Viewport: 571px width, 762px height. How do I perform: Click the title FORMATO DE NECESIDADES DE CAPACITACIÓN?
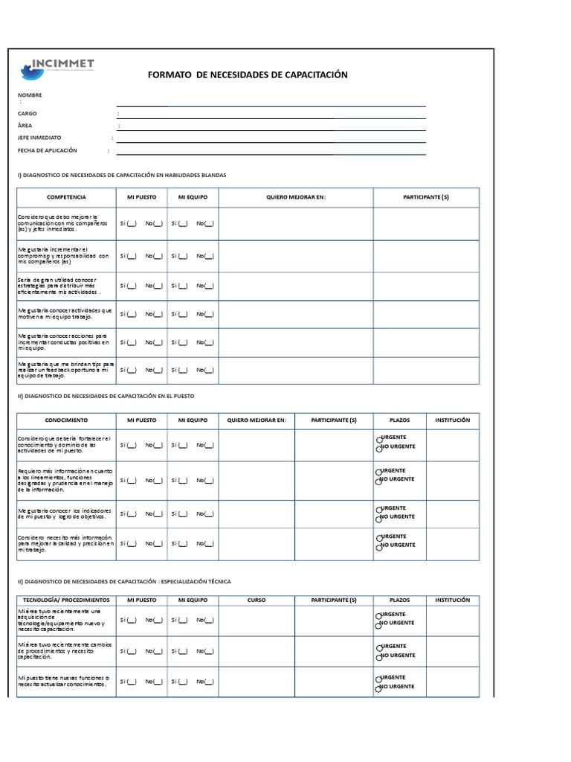[x=248, y=75]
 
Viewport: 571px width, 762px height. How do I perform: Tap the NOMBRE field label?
[x=30, y=95]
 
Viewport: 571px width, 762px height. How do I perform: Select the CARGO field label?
[x=28, y=113]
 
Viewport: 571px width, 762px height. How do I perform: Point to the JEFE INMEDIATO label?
[x=39, y=138]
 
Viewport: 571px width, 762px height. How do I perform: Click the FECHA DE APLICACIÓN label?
[x=47, y=150]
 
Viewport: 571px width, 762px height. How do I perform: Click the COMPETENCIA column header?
[x=66, y=197]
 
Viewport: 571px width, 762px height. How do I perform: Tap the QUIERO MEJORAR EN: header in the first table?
[x=296, y=197]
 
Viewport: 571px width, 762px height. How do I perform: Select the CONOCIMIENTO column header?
[x=66, y=420]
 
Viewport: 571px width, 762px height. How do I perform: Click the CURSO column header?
[x=256, y=600]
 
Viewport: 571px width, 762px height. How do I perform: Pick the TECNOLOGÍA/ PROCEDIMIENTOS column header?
[x=66, y=600]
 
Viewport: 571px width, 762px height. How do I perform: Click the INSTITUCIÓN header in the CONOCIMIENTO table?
[x=452, y=420]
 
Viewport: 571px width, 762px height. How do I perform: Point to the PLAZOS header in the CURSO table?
[x=399, y=600]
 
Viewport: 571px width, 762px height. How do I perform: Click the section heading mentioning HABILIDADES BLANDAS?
[x=121, y=175]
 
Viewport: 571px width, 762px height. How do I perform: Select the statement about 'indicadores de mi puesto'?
[x=65, y=513]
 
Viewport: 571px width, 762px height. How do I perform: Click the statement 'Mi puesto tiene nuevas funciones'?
[x=63, y=682]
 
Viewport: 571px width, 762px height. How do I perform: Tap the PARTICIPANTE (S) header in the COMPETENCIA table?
[x=425, y=197]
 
